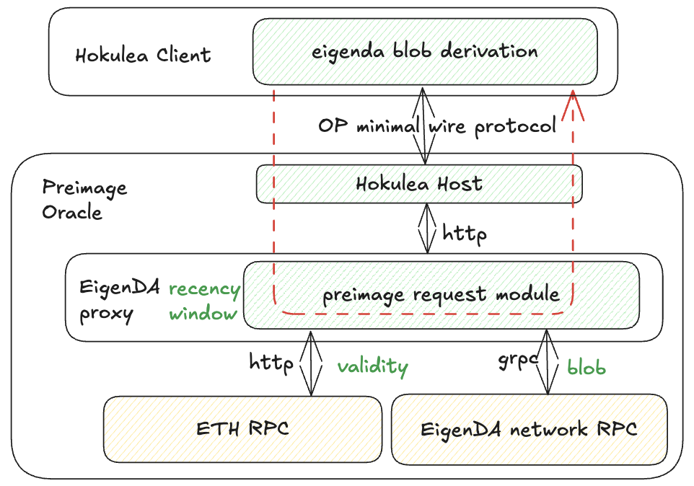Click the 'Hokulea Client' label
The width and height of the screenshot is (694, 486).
tap(143, 56)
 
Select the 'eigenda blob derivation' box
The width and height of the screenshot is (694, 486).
tap(425, 52)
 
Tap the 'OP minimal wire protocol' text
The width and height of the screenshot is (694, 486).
tap(437, 126)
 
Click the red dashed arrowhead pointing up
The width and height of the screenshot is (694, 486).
tap(573, 105)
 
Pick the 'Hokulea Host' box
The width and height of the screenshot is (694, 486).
tap(419, 184)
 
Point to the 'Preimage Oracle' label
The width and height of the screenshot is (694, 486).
tap(84, 200)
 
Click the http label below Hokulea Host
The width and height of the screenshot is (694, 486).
tap(465, 233)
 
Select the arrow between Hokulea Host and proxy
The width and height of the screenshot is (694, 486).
tap(427, 228)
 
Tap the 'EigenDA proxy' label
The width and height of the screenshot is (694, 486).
tap(119, 300)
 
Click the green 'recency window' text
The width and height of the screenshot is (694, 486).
tap(204, 301)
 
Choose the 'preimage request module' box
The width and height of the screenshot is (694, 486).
tap(442, 295)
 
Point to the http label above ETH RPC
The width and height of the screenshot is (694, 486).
tap(271, 363)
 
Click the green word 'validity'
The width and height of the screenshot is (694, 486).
tap(373, 366)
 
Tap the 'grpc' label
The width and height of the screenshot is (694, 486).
tap(518, 361)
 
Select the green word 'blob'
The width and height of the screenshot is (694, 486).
tap(587, 367)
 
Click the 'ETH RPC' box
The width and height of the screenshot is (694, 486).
tap(242, 429)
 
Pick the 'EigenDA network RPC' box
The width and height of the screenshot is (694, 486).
tap(530, 429)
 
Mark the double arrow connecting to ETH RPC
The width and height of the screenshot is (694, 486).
tap(311, 363)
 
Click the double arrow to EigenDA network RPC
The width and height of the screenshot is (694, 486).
tap(548, 362)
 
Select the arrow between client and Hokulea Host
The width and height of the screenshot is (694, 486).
tap(423, 125)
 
